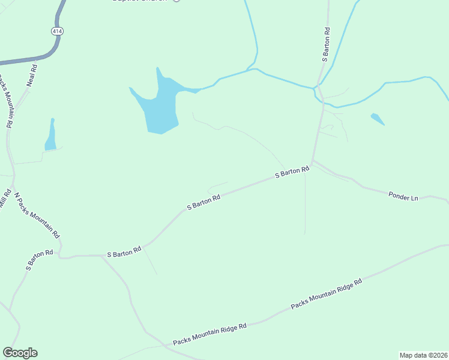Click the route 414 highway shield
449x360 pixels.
[57, 31]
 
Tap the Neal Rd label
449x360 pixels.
[33, 76]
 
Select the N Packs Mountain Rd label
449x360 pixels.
[37, 215]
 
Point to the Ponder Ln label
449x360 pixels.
[403, 196]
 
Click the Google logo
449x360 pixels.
[20, 353]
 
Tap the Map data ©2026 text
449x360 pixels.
[424, 355]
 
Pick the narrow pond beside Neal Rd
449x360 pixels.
[51, 136]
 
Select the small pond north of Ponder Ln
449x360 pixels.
[377, 118]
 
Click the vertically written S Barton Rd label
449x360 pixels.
[326, 44]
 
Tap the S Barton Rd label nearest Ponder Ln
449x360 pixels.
[292, 172]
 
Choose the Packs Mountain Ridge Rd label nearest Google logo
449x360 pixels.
[209, 334]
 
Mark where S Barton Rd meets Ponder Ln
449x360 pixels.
[312, 162]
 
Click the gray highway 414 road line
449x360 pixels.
[24, 60]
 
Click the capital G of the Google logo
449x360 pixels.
[8, 352]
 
